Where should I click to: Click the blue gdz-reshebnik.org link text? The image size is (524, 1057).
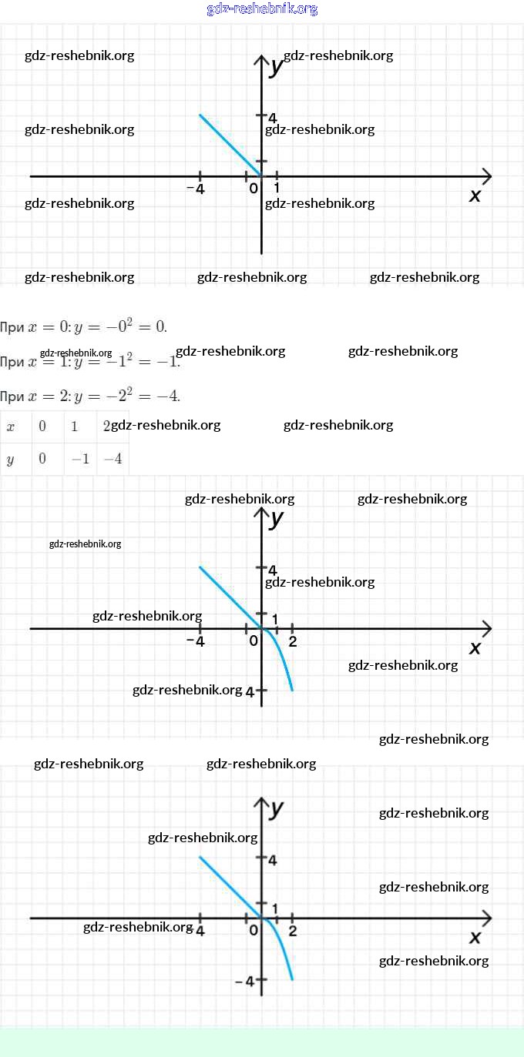[x=262, y=9]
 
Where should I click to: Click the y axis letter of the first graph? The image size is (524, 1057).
[x=277, y=67]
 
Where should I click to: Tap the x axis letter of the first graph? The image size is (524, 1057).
[x=475, y=196]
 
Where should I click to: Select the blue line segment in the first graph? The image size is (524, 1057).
[x=230, y=146]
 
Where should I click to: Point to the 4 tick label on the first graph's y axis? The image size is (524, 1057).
[x=272, y=117]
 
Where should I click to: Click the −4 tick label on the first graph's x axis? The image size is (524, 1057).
[x=196, y=189]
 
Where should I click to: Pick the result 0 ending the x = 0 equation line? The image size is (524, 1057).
[x=160, y=326]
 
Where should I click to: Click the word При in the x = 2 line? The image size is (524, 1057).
[x=12, y=397]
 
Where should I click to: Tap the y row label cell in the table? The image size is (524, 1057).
[x=11, y=459]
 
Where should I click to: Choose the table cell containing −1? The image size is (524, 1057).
[x=80, y=459]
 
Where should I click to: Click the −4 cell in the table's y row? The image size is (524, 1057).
[x=113, y=459]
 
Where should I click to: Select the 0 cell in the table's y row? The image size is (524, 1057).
[x=42, y=459]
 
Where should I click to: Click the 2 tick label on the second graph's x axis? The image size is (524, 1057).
[x=293, y=641]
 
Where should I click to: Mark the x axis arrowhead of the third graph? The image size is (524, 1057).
[x=486, y=918]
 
